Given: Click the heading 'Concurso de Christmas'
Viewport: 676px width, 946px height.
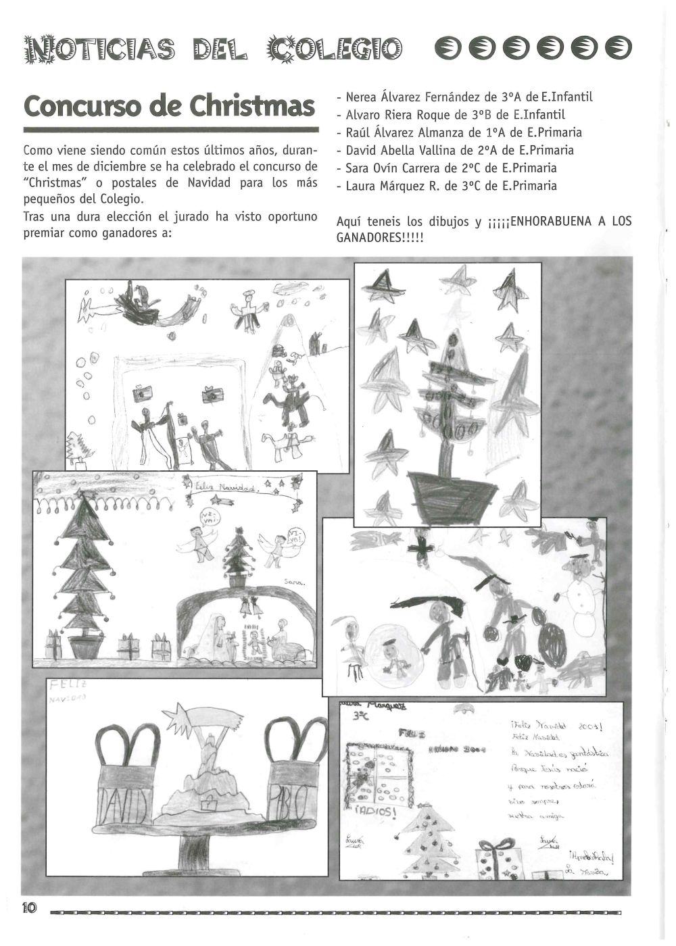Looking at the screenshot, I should click(x=170, y=106).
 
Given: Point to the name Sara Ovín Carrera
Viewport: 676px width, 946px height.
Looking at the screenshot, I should click(x=397, y=168).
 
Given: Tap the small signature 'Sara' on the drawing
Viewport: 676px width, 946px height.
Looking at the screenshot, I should click(x=295, y=581).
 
